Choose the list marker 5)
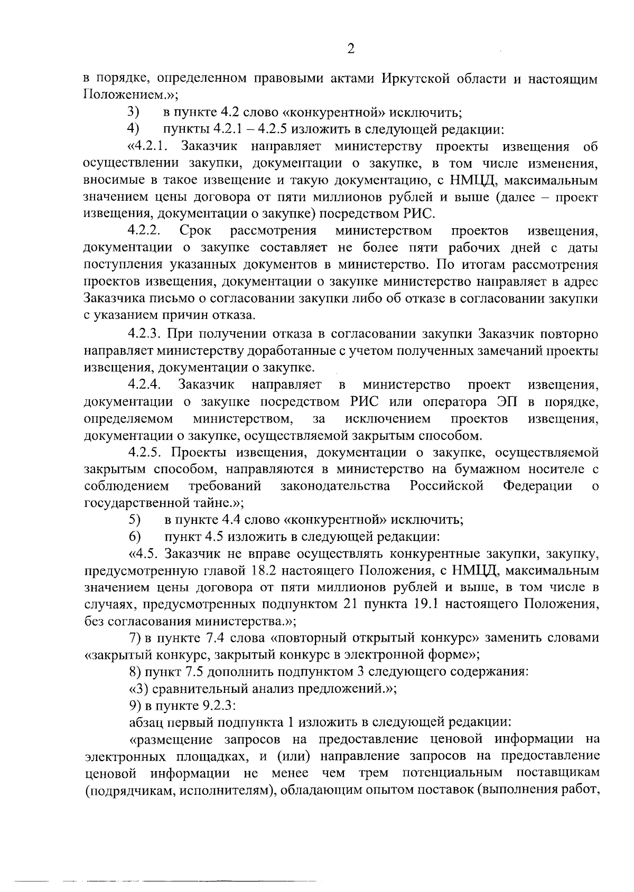(x=134, y=520)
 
